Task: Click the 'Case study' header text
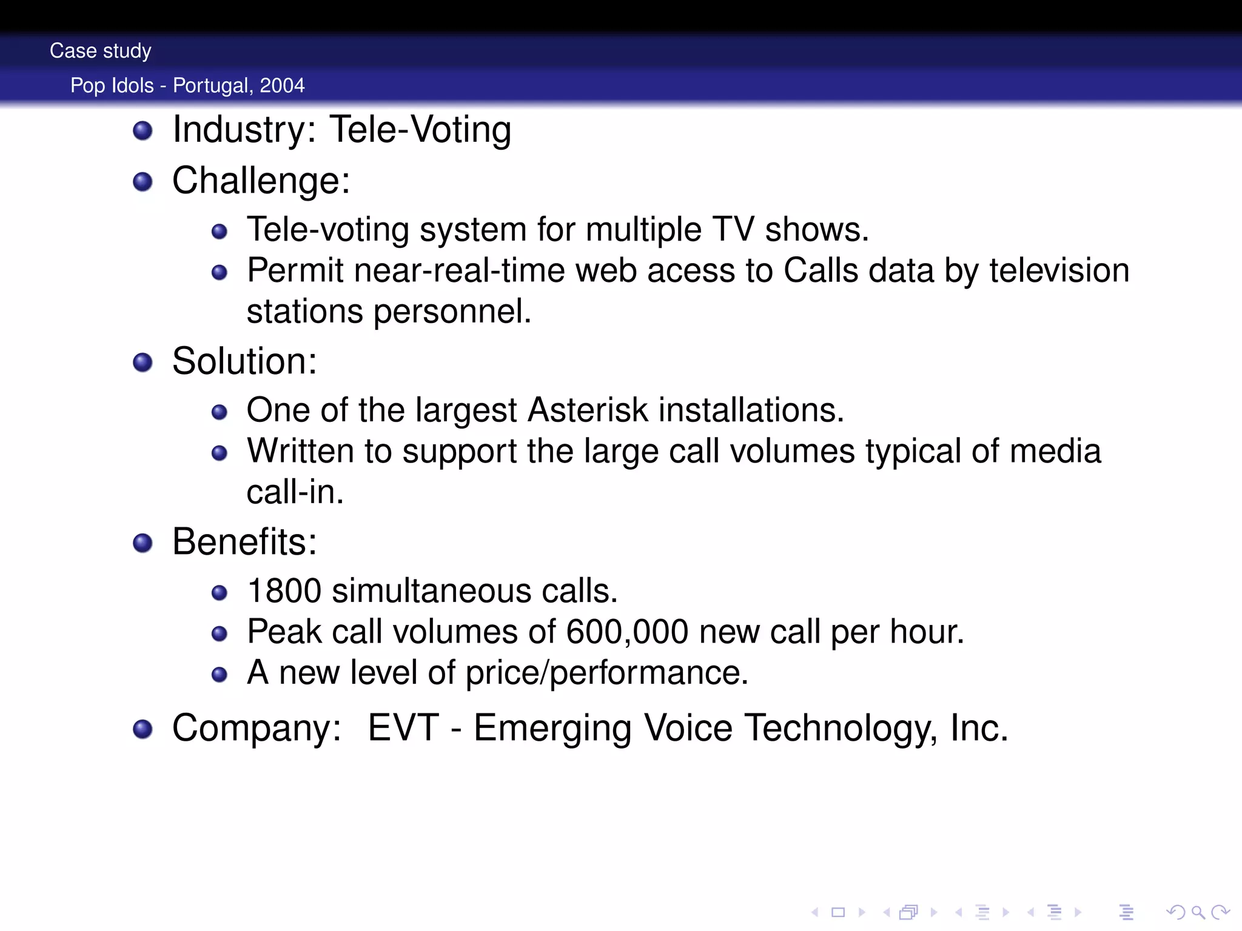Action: pos(101,51)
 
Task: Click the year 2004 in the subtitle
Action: pos(282,85)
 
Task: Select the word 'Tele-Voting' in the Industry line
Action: pos(420,130)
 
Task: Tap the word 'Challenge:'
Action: pos(261,181)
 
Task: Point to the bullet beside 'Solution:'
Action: pos(143,362)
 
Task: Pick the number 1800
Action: pos(284,591)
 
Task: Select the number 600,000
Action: pos(627,632)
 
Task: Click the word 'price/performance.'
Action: pos(607,673)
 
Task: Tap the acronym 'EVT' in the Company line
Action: pos(403,728)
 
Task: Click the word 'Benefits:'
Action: pos(244,542)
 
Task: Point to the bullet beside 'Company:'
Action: pos(143,729)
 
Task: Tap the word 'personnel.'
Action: pos(452,312)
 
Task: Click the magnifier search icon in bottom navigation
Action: pos(1198,912)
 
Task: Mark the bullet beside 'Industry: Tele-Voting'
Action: pos(143,130)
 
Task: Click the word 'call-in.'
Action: pos(295,492)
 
